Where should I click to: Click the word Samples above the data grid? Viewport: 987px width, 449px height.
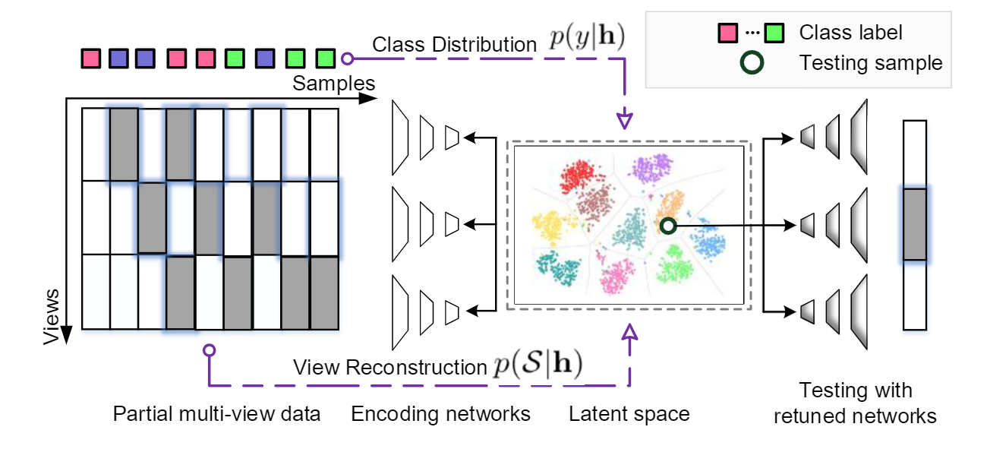333,82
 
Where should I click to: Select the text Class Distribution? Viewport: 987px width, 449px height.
454,45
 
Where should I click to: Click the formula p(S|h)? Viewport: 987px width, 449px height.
536,365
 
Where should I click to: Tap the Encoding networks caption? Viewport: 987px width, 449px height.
440,414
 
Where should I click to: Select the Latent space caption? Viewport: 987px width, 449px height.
629,414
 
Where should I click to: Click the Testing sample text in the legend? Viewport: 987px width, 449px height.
871,63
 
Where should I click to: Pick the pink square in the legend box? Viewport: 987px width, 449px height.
727,33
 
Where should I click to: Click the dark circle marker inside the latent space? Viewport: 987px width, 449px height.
667,226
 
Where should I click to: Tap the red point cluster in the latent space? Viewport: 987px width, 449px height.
580,178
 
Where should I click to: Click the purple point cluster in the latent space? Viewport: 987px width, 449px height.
651,169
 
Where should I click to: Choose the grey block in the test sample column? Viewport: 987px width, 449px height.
915,224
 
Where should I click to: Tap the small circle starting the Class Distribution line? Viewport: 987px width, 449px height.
347,58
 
